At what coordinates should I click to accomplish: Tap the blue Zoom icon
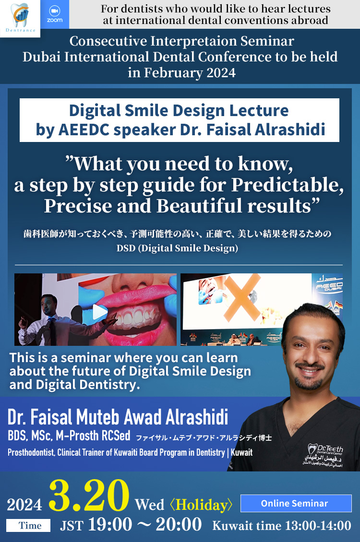[55, 14]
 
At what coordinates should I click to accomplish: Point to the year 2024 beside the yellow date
[24, 504]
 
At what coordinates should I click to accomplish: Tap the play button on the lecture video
[100, 312]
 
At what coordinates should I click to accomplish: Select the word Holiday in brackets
[204, 505]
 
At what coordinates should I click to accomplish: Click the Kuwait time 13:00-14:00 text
[282, 525]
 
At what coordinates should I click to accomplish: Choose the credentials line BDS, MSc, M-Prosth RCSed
[69, 436]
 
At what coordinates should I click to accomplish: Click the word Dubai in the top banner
[42, 57]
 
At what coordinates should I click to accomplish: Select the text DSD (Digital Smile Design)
[177, 248]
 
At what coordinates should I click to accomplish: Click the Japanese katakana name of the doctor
[204, 437]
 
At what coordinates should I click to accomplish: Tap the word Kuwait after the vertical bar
[242, 452]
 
